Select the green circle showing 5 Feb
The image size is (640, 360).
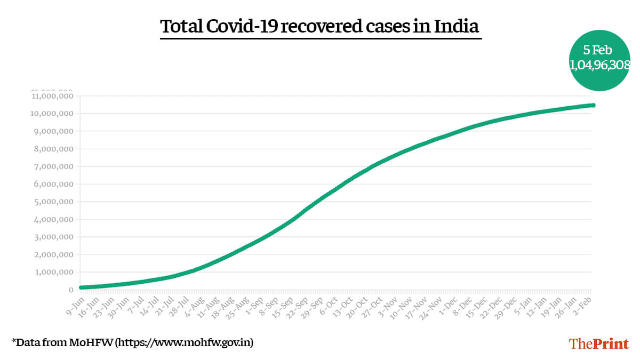coord(599,60)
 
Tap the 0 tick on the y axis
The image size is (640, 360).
coord(70,290)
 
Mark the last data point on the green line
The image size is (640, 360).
coord(593,106)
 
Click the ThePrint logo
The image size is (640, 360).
coord(599,343)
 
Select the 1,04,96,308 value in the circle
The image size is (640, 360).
coord(600,65)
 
